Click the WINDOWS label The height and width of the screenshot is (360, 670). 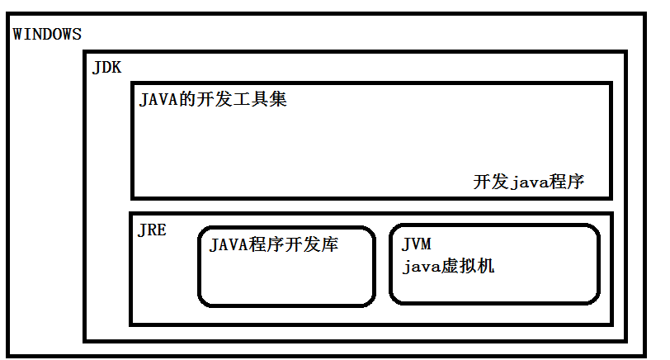pos(47,34)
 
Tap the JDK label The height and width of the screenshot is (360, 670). pos(107,68)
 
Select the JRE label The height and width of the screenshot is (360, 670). pos(152,230)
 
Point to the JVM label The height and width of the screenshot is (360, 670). pos(417,244)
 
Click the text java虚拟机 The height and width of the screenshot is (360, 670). pos(449,267)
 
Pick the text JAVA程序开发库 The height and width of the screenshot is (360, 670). pos(274,244)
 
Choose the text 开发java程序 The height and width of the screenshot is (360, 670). pos(529,182)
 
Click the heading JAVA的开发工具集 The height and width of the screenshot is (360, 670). pos(213,101)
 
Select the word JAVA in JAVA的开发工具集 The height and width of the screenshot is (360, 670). pos(158,101)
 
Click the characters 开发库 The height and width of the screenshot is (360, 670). pos(311,244)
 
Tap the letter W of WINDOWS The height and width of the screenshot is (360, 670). pos(18,34)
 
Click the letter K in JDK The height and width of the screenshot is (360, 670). pos(116,68)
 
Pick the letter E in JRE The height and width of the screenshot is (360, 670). pos(162,230)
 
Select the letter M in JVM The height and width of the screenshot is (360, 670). pos(426,244)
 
